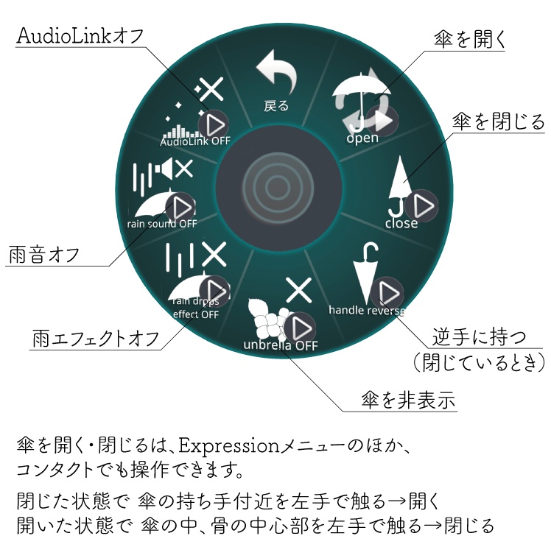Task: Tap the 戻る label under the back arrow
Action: click(x=276, y=106)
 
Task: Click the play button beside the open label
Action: click(x=382, y=121)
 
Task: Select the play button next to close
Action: click(x=421, y=205)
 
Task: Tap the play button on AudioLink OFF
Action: click(x=214, y=125)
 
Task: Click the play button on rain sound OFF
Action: click(x=180, y=208)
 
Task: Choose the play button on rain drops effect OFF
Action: click(x=214, y=291)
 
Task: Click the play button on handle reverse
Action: click(x=387, y=292)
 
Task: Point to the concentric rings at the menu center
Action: click(x=278, y=187)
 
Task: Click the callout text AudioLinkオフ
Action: click(x=80, y=36)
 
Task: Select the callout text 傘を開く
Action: click(x=469, y=39)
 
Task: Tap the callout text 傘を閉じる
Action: click(x=498, y=121)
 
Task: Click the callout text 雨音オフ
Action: click(x=43, y=255)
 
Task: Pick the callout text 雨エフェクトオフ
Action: click(x=96, y=339)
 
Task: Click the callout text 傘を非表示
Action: click(x=408, y=400)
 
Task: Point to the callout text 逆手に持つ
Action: click(x=479, y=337)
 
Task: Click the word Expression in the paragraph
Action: click(x=229, y=446)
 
